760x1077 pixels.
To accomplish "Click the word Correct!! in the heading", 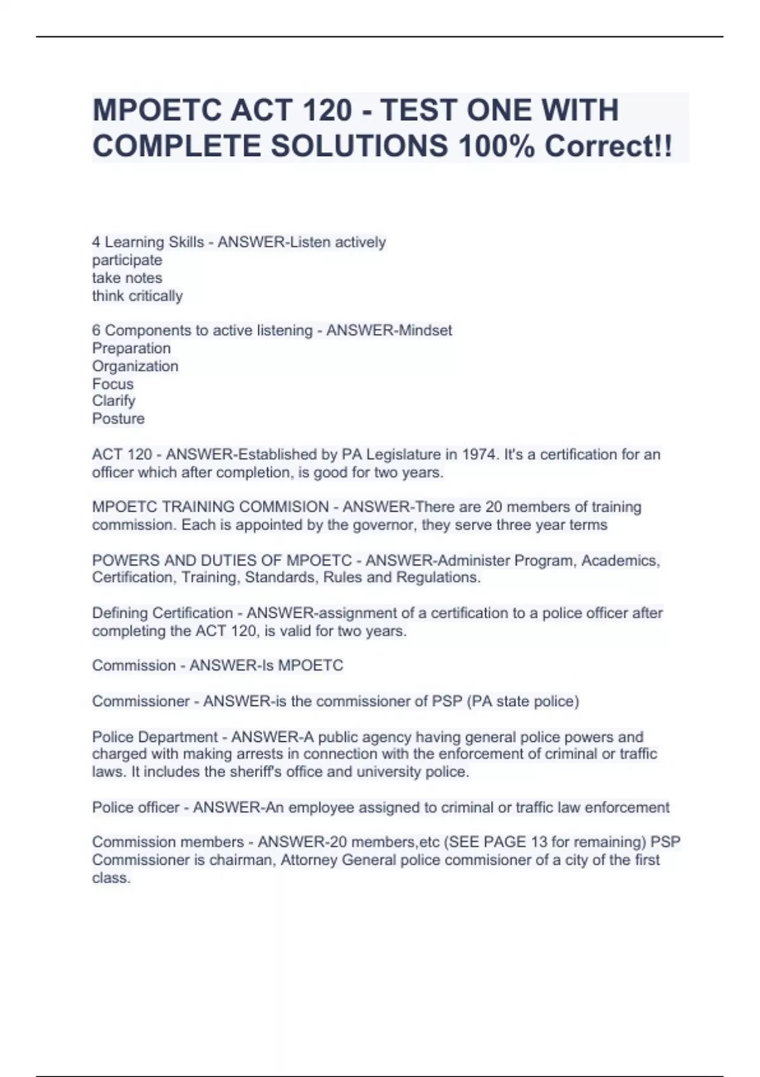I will click(x=609, y=146).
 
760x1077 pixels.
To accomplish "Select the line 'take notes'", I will click(x=127, y=278).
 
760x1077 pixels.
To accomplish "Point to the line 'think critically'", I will click(x=137, y=296).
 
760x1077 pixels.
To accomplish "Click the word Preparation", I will click(x=131, y=348).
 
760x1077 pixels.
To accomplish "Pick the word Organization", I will click(x=135, y=366).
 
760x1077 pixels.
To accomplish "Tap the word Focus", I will click(x=113, y=384).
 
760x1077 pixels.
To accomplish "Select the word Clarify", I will click(x=114, y=401).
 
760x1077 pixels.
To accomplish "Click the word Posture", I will click(x=118, y=419).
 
